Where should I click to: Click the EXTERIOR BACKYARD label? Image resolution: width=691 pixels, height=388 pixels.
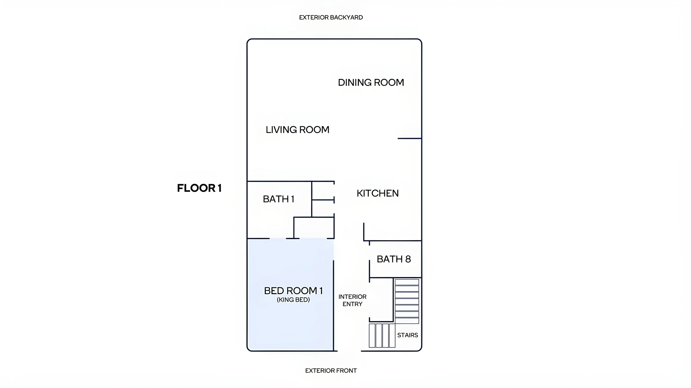point(331,18)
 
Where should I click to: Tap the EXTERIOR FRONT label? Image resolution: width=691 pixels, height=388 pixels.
point(331,370)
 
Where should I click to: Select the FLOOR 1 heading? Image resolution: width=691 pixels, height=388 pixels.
point(199,188)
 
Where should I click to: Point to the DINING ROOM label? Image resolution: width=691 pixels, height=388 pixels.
point(371,83)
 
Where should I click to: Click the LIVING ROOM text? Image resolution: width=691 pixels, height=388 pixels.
point(297,130)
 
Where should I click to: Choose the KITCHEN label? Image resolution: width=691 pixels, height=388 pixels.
point(378,193)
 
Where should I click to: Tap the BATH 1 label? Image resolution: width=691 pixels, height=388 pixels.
point(279,199)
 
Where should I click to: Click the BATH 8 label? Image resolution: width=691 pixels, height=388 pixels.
point(394,259)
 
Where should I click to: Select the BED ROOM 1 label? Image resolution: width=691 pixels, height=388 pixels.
point(293,291)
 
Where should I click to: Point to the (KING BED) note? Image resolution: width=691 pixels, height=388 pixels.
point(293,300)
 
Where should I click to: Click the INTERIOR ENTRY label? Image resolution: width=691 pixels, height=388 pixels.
point(353,300)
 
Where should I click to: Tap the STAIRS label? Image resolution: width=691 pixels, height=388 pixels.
point(408,335)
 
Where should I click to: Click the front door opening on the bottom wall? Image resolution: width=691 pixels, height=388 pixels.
point(349,351)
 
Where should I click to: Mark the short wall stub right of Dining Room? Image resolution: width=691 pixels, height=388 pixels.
point(410,138)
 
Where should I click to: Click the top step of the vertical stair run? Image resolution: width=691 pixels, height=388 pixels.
point(407,282)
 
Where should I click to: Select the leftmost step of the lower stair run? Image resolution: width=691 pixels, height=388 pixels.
point(372,336)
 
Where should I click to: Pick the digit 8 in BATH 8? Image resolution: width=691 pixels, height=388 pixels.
point(408,259)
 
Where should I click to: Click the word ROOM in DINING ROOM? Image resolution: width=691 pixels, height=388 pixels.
point(389,83)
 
